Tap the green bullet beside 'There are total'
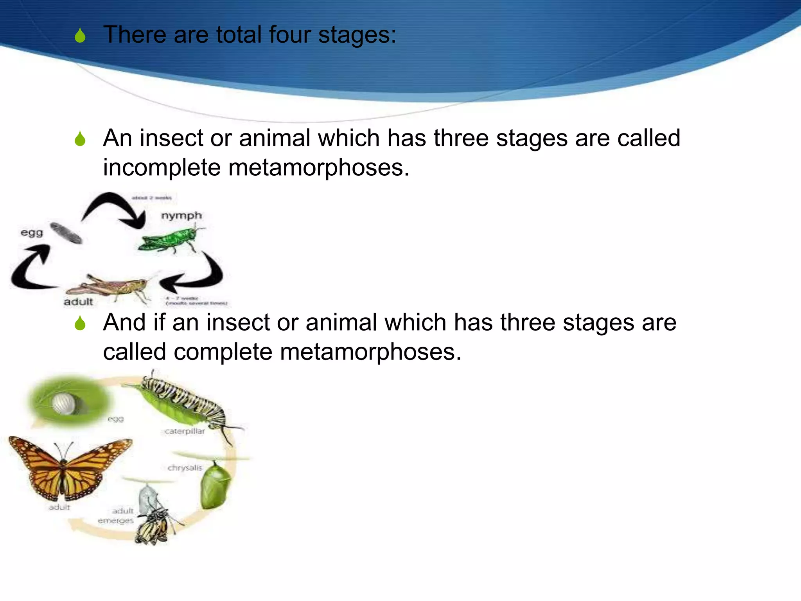coord(80,36)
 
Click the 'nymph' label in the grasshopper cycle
coord(181,216)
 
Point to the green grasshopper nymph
coord(170,239)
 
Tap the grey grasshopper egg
coord(66,232)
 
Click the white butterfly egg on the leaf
coord(64,404)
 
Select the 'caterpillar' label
coord(184,431)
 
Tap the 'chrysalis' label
coord(185,468)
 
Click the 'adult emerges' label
coord(117,516)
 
